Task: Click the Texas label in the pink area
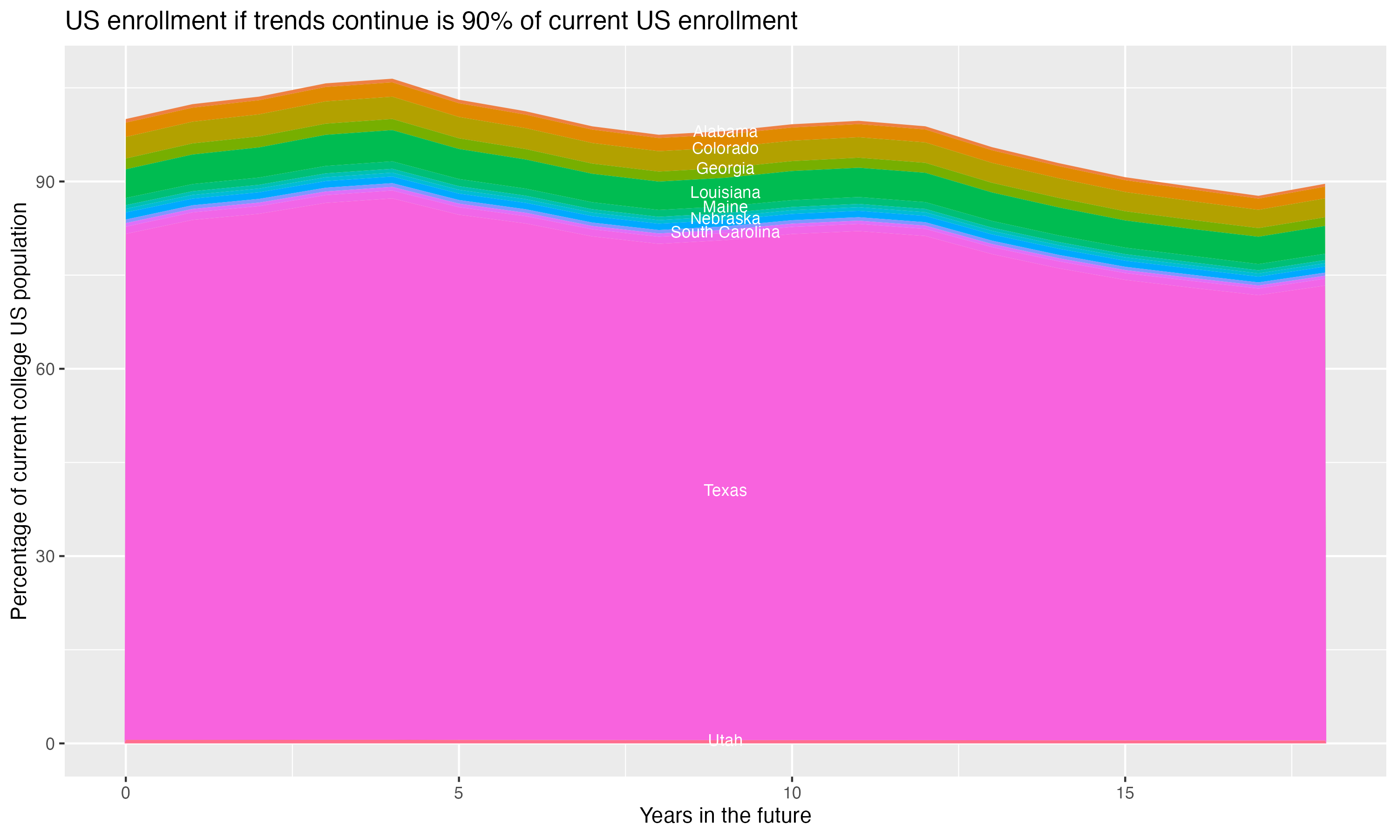(x=725, y=491)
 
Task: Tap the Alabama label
(x=725, y=132)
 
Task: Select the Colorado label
(x=725, y=149)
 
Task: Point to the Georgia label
(x=725, y=168)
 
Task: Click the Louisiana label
(x=725, y=193)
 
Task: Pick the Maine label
(x=725, y=207)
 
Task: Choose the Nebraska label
(x=725, y=218)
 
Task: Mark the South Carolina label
(x=725, y=232)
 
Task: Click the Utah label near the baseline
(x=725, y=740)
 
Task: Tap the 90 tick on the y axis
(x=46, y=182)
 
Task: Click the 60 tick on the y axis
(x=46, y=369)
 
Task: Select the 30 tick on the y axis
(x=46, y=556)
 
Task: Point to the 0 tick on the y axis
(x=50, y=743)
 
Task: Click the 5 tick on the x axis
(x=459, y=793)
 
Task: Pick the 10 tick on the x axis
(x=792, y=793)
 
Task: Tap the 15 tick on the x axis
(x=1125, y=793)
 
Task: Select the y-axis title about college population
(x=19, y=411)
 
